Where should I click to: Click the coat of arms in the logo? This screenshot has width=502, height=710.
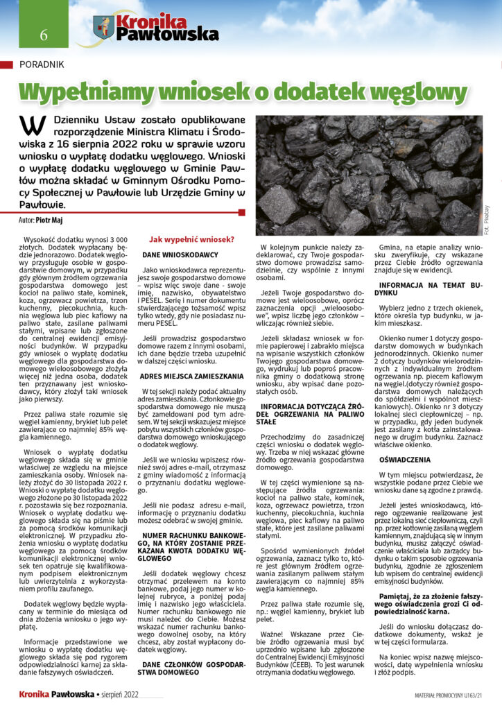(x=103, y=27)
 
